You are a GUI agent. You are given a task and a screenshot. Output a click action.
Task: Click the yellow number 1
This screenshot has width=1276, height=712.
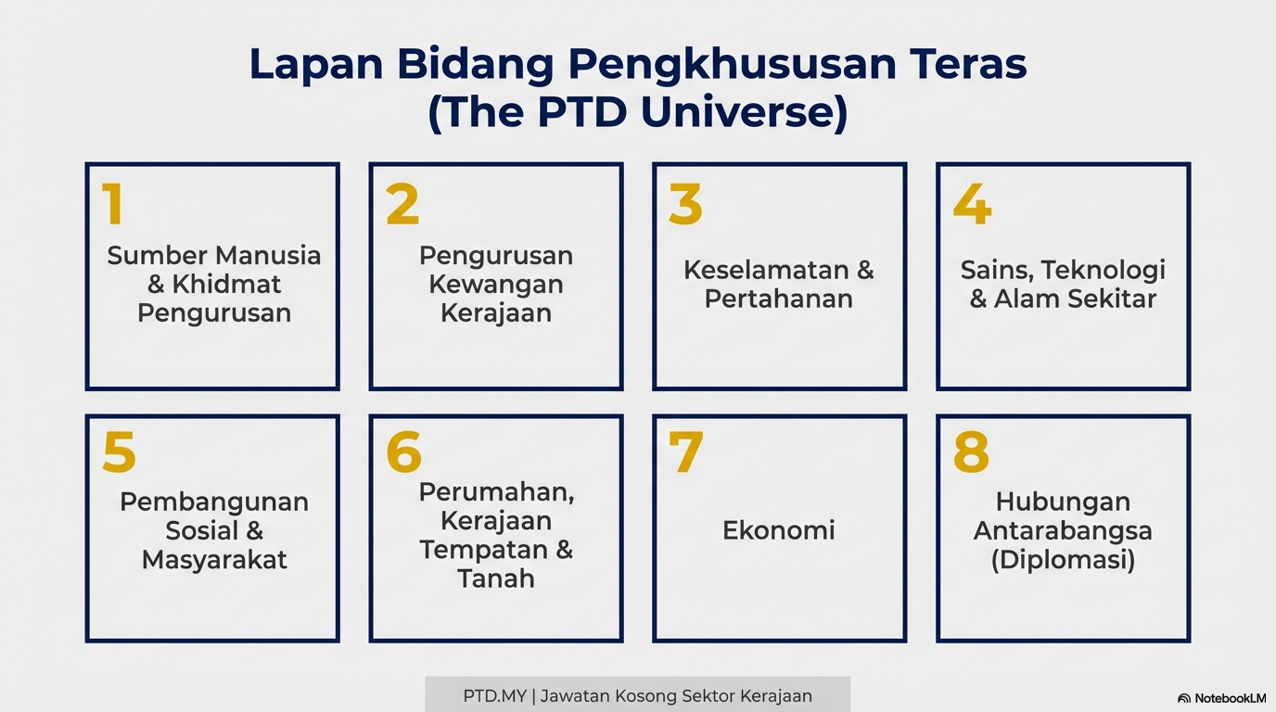click(x=113, y=203)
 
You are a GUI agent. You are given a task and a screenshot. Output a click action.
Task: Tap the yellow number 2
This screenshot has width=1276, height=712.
click(x=402, y=203)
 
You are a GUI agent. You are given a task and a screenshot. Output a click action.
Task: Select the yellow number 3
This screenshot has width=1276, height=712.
click(x=686, y=203)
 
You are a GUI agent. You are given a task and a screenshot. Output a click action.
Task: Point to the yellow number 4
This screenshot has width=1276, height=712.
click(x=973, y=203)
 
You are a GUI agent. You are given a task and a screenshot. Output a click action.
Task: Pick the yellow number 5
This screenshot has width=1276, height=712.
click(x=120, y=451)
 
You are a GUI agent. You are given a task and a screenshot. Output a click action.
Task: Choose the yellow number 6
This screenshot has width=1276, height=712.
click(x=404, y=451)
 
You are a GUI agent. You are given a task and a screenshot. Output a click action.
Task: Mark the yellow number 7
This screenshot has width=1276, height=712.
click(x=686, y=451)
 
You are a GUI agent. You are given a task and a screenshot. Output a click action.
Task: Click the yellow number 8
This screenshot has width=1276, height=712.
click(x=971, y=451)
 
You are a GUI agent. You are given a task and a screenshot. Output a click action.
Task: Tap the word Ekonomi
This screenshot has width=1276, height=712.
click(x=779, y=530)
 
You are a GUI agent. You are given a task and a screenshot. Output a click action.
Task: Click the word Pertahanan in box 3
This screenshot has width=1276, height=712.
click(x=779, y=299)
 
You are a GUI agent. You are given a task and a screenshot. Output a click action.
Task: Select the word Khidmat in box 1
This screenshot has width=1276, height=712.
click(x=226, y=284)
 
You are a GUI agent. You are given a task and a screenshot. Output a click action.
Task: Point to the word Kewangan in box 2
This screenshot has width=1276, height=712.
click(x=496, y=285)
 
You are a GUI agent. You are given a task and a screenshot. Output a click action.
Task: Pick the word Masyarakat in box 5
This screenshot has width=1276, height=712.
click(x=214, y=560)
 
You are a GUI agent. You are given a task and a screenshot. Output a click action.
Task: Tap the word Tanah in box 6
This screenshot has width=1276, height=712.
click(x=496, y=578)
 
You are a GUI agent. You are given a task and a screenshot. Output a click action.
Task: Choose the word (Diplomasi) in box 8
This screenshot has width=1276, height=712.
click(x=1063, y=560)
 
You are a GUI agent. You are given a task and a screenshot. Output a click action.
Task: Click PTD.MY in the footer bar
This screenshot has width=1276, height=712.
click(x=494, y=696)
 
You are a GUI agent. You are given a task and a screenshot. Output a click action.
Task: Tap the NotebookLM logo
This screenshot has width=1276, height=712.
click(x=1221, y=698)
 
